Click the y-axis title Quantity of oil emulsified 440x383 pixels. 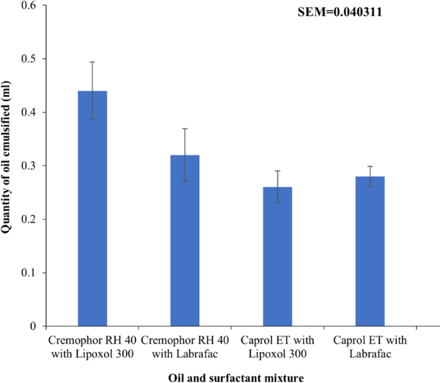9,166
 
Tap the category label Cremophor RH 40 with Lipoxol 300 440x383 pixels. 92,344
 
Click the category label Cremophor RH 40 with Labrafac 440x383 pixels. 185,344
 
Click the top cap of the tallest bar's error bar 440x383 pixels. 92,62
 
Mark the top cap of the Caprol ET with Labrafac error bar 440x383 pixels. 370,166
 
